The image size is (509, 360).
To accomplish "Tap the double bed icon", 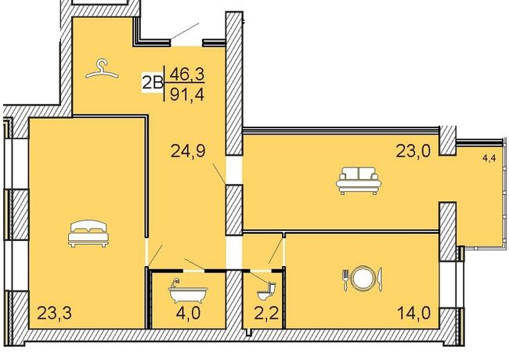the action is (88, 233).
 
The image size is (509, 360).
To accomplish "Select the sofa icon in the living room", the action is (359, 180).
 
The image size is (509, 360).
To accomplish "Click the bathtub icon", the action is (188, 290).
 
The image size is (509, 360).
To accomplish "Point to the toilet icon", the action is (267, 291).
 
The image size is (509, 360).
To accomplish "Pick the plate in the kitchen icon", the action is (362, 279).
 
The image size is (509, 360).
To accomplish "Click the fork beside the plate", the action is (345, 279).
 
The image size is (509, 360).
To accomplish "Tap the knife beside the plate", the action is (380, 279).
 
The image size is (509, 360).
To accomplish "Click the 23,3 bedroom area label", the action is (55, 313).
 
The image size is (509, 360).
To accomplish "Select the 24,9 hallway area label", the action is (188, 151).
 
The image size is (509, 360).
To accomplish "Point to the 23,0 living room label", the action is (413, 151).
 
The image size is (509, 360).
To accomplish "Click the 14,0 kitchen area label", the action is (414, 313).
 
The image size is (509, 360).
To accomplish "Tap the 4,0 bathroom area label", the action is (188, 313).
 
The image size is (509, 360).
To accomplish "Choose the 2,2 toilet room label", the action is (266, 313).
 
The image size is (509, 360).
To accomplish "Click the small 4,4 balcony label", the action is (489, 159).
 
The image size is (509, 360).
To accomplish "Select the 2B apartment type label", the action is (153, 83).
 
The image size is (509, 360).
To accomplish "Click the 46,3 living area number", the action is (187, 74).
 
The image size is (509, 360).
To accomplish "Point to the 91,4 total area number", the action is (187, 95).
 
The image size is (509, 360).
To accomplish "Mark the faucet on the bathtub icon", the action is (175, 282).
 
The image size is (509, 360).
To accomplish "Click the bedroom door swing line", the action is (155, 255).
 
